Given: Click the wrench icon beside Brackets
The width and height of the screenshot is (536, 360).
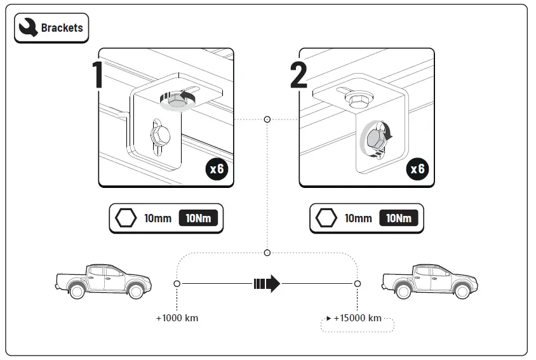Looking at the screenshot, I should (28, 28).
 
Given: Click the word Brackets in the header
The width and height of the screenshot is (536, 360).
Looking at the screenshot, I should (62, 29).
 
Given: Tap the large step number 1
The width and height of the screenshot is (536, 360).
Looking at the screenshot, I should (98, 76).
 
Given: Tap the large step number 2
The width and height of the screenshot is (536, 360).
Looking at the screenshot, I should (298, 76).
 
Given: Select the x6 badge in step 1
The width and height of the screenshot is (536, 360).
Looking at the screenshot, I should (217, 170).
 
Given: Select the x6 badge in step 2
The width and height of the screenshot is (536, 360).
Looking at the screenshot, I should (417, 170).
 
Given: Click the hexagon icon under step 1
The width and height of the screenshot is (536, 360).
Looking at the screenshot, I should (126, 218).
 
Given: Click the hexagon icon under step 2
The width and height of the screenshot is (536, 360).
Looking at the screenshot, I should (326, 218).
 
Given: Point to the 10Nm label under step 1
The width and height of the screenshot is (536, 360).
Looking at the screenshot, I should (198, 218).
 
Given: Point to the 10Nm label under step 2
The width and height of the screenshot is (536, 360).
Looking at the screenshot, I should (398, 218).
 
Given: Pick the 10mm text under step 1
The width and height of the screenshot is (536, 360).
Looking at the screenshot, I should (157, 218).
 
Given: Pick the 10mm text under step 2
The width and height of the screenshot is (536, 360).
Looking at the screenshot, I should (358, 218).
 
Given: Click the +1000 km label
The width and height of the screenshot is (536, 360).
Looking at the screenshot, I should (177, 317).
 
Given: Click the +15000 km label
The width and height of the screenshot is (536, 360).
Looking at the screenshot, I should (357, 317).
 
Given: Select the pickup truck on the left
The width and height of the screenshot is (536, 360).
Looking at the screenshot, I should (102, 280).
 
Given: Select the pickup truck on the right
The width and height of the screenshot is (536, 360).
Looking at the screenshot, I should (429, 280).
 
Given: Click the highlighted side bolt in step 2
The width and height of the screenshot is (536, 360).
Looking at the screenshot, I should (374, 137).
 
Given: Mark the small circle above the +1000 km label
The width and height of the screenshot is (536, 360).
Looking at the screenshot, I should (177, 283).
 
